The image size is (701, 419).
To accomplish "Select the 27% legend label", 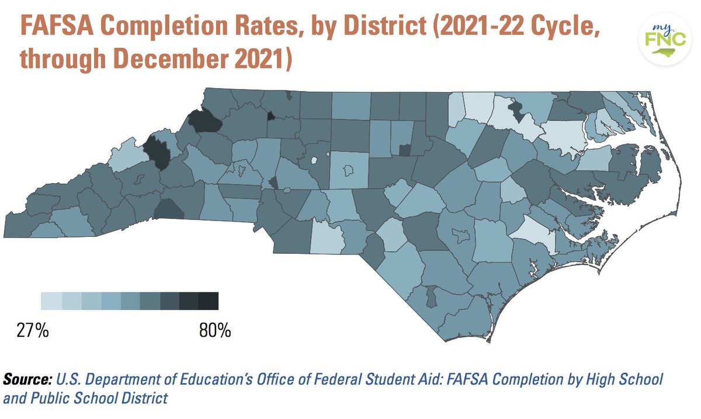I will click(32, 331).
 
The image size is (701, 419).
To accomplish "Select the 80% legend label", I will click(214, 331).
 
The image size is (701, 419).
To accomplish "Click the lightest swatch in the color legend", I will click(50, 301).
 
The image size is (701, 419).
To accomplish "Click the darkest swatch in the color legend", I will click(209, 301).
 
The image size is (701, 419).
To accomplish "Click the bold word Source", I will click(27, 380).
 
